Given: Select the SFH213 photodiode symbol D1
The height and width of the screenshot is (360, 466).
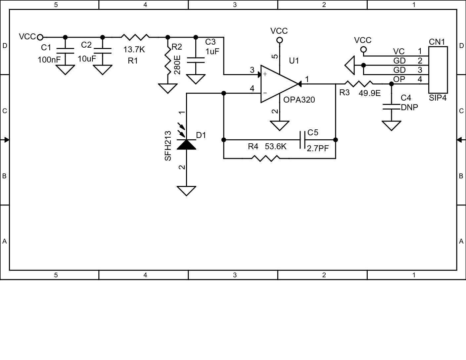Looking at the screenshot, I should click(x=186, y=144).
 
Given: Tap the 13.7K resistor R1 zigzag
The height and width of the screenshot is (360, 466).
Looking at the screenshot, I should click(x=135, y=37).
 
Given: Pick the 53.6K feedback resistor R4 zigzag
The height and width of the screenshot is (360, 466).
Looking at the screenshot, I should click(x=266, y=158).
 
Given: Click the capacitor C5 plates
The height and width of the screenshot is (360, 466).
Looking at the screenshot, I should click(x=302, y=140).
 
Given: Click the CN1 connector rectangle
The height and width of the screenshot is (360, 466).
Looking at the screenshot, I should click(x=438, y=70).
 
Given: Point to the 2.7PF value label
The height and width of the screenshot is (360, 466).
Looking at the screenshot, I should click(x=318, y=149).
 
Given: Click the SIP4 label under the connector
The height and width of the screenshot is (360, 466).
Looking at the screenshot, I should click(x=438, y=98).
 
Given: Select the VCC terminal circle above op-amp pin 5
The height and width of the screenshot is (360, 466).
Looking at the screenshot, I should click(x=279, y=40).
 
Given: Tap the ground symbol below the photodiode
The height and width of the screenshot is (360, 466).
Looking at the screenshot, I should click(x=186, y=191).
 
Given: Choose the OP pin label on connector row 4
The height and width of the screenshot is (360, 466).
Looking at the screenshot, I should click(x=399, y=79).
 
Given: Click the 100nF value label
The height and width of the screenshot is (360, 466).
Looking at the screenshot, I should click(x=49, y=60).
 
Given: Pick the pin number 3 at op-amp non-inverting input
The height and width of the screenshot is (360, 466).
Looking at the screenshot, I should click(x=252, y=70).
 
